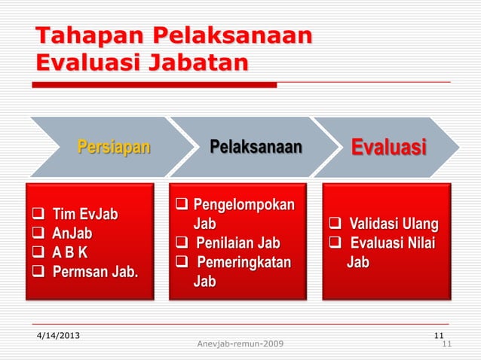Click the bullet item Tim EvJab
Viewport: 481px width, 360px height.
pos(84,216)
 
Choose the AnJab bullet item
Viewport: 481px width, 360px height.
pos(72,233)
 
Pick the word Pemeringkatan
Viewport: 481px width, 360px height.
pos(243,263)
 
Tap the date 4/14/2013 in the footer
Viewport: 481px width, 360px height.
pos(61,335)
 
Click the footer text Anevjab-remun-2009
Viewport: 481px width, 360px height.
pos(240,345)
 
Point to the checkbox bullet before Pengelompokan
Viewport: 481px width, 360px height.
pos(182,206)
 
